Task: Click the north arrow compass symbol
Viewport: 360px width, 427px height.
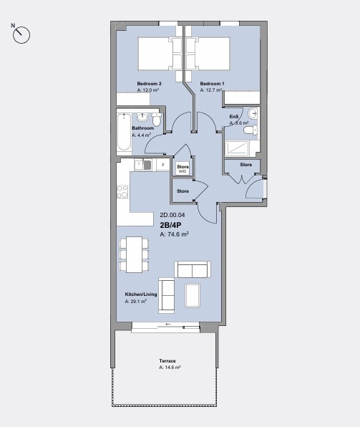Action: click(x=21, y=33)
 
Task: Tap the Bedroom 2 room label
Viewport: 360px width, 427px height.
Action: click(x=149, y=84)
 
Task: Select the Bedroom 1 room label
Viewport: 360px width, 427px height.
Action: click(x=212, y=84)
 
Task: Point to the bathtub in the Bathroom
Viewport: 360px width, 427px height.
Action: click(x=123, y=131)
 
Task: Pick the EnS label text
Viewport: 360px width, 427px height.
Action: click(x=233, y=116)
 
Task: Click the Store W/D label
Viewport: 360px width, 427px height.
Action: click(x=183, y=168)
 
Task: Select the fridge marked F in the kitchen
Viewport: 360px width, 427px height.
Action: click(x=163, y=165)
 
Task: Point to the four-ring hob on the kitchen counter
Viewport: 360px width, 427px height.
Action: click(x=122, y=192)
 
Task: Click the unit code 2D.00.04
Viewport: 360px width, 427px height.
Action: click(x=172, y=215)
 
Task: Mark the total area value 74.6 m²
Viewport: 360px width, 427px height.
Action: click(x=175, y=234)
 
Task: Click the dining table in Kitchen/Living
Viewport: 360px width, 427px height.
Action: click(x=134, y=254)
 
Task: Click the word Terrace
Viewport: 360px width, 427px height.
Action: click(x=167, y=360)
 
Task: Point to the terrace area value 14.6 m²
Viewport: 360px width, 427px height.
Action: click(x=170, y=367)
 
